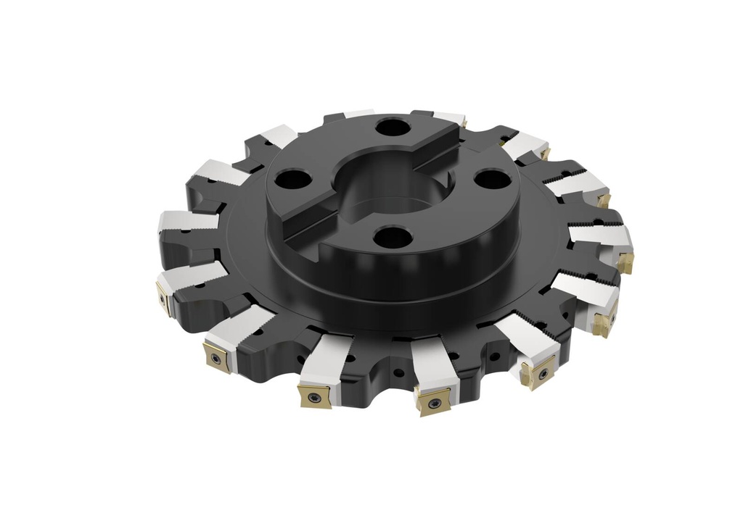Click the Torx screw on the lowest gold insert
[x=432, y=403]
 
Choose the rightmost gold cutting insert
[x=625, y=261]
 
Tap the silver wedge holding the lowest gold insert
[x=435, y=366]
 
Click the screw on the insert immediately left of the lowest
[x=313, y=396]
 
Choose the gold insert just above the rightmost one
[x=603, y=199]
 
